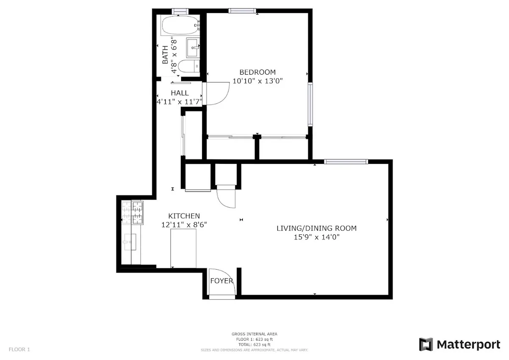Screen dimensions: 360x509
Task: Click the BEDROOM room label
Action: [257, 72]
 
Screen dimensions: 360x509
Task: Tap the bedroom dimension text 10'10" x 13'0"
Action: [257, 81]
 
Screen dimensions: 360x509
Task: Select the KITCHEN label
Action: [184, 216]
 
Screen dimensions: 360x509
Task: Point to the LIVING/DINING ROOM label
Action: [316, 228]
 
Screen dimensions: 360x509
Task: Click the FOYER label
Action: [222, 281]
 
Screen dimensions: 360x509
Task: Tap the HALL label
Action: [180, 93]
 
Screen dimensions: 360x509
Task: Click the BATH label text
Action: [165, 55]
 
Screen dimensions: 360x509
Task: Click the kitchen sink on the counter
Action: [129, 242]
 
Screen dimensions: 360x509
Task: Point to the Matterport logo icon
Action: [425, 344]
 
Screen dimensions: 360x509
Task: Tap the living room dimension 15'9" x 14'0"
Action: [316, 237]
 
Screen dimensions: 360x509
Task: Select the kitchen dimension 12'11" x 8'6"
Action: [184, 225]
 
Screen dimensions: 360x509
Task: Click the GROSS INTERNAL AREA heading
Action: [255, 335]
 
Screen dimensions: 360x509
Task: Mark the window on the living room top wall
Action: [346, 161]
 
